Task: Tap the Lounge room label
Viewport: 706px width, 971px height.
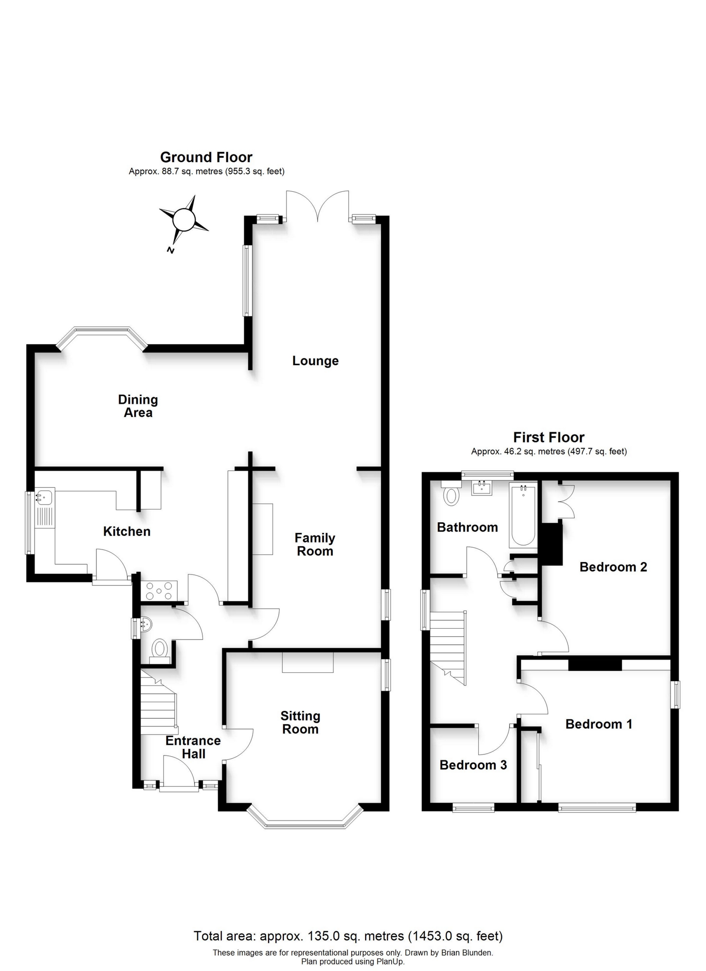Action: (315, 361)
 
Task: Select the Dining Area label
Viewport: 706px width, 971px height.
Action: (138, 406)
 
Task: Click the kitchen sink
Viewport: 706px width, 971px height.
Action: (44, 498)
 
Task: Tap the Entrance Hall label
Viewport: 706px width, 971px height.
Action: (193, 747)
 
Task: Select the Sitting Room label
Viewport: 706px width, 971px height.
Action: (300, 723)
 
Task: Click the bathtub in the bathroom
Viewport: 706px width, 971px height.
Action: (522, 516)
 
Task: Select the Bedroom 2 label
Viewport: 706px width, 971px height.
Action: (613, 567)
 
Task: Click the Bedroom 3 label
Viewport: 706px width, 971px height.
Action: (473, 765)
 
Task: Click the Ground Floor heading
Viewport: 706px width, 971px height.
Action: (206, 157)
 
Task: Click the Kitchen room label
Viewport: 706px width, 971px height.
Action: (127, 531)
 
